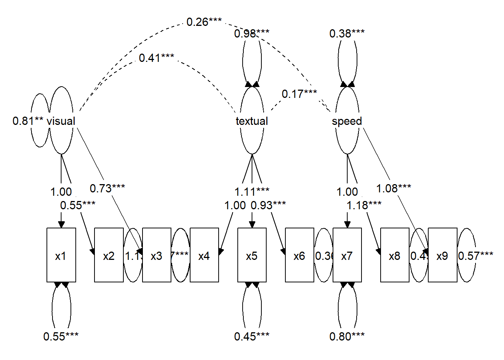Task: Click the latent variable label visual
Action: tap(61, 121)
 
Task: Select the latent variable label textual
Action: tap(252, 121)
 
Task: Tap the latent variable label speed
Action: tap(347, 121)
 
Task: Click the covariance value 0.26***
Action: tap(204, 22)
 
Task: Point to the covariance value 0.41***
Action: tap(156, 58)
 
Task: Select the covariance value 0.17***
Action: tap(299, 94)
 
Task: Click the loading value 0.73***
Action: tap(107, 188)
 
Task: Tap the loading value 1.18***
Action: tap(364, 205)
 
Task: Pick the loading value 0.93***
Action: tap(268, 205)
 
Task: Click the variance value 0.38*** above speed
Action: tap(347, 34)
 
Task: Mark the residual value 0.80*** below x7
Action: tap(347, 336)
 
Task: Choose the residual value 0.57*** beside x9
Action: tap(475, 256)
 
